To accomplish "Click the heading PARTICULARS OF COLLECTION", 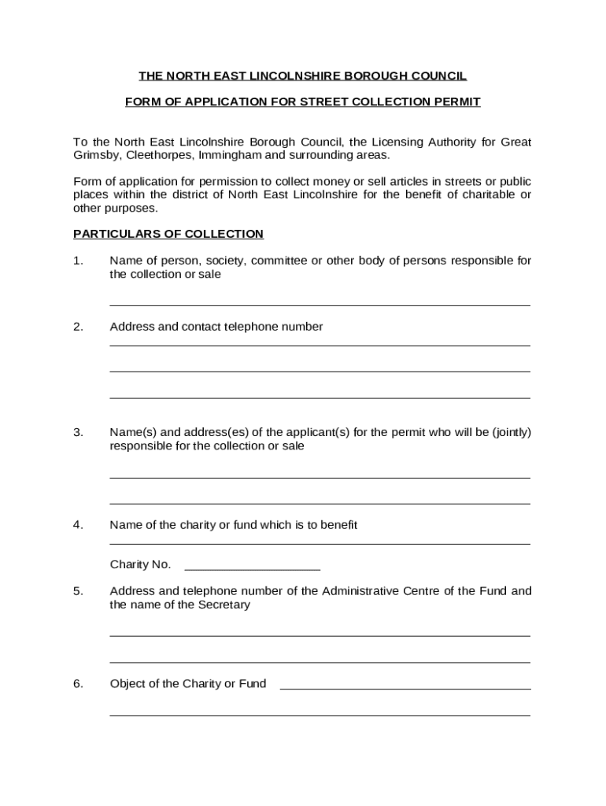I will coord(168,234).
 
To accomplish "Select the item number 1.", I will coord(77,261).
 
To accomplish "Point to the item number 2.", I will coord(78,327).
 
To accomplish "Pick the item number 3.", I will coord(78,432).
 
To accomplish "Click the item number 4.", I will coord(78,524).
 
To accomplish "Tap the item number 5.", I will coord(78,591).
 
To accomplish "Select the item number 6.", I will coord(78,683).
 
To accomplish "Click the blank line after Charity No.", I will coord(251,568).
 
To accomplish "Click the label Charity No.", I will coord(140,564).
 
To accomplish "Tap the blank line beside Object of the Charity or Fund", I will coord(405,688).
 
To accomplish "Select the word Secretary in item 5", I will coord(224,604).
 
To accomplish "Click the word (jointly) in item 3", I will coord(511,432).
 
